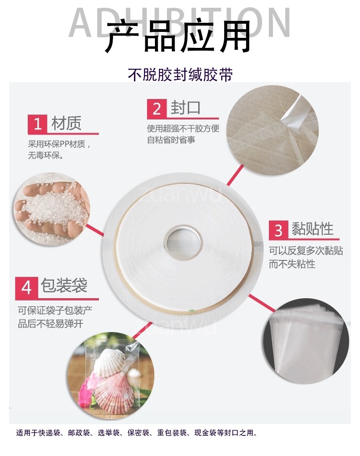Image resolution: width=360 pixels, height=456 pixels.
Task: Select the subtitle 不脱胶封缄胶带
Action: [x=180, y=74]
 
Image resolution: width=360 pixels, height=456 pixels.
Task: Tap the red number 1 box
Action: [x=37, y=124]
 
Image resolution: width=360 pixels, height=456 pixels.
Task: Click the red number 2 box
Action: [x=157, y=109]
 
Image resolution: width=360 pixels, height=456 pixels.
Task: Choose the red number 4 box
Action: [x=26, y=288]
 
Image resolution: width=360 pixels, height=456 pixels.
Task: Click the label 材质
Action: [x=66, y=123]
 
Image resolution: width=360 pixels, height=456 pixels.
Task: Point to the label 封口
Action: [x=185, y=108]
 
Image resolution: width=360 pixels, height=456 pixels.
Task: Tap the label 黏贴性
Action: [x=312, y=229]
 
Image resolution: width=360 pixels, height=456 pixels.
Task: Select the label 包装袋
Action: [x=64, y=285]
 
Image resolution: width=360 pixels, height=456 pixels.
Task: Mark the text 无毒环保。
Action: [x=46, y=156]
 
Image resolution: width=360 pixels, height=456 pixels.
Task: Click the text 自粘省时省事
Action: [x=171, y=140]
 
